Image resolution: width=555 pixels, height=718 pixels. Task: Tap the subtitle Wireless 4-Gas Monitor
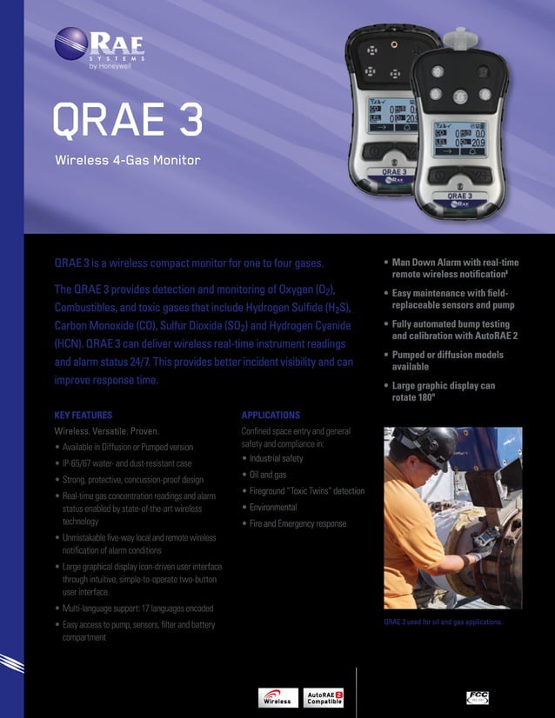(x=127, y=161)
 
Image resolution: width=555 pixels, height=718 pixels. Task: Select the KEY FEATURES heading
(x=83, y=416)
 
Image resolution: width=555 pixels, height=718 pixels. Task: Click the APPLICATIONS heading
(x=271, y=416)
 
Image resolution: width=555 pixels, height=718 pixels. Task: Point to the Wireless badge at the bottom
(x=277, y=698)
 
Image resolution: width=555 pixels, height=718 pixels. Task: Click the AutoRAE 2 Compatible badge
(x=325, y=698)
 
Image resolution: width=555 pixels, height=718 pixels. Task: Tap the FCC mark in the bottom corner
(x=479, y=696)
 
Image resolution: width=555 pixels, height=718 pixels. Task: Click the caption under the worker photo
(x=443, y=622)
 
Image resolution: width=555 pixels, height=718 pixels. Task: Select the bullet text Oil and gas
(x=268, y=475)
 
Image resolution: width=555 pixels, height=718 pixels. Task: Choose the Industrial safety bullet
(x=276, y=458)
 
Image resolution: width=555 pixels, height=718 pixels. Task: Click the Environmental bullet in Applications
(x=273, y=507)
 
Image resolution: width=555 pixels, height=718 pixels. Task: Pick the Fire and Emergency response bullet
(x=298, y=523)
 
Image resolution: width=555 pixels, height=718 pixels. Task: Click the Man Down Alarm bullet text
(x=455, y=267)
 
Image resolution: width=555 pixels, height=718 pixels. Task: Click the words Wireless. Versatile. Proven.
(x=107, y=431)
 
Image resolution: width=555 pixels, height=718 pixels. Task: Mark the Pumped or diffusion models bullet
(x=447, y=361)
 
